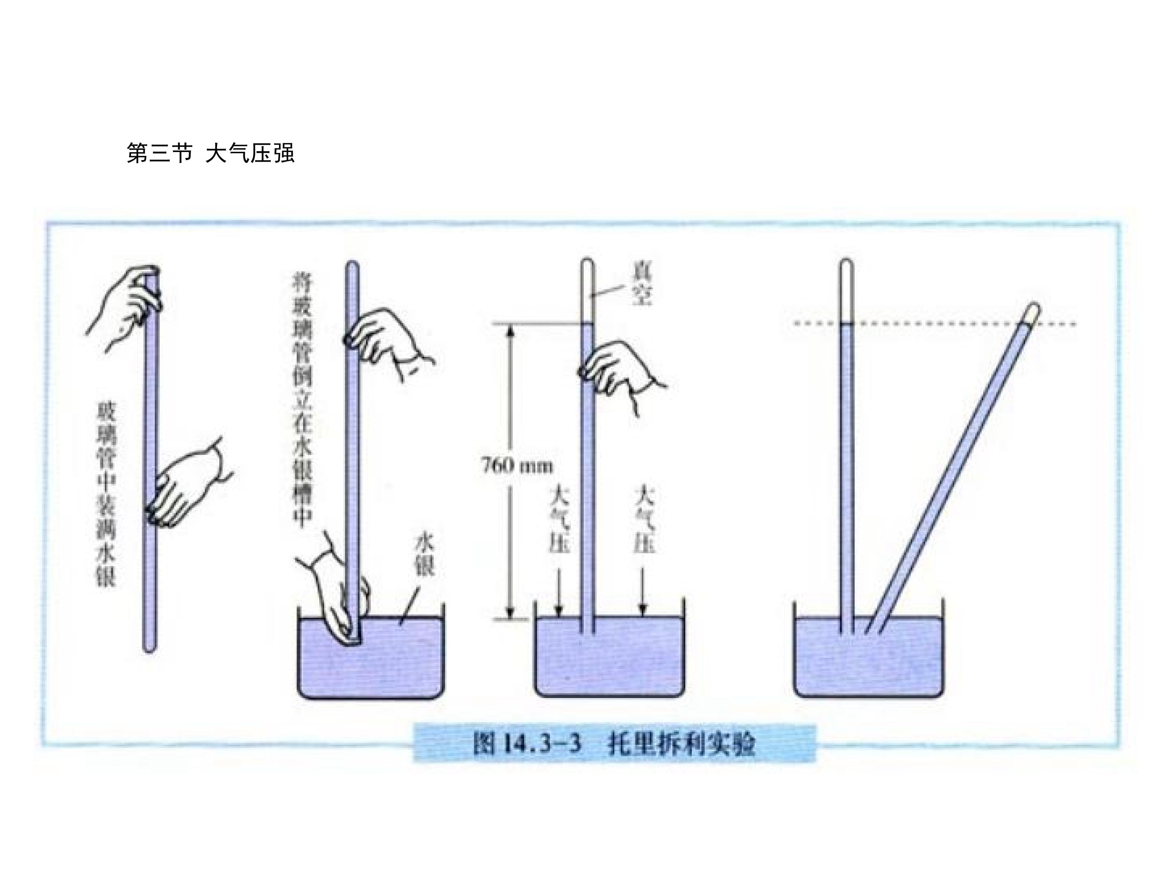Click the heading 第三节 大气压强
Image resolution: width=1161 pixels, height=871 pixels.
point(210,153)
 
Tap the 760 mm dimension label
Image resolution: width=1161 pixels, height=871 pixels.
point(516,466)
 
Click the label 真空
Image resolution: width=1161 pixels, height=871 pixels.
point(641,285)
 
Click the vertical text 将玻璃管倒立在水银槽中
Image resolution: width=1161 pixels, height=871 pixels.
point(302,401)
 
